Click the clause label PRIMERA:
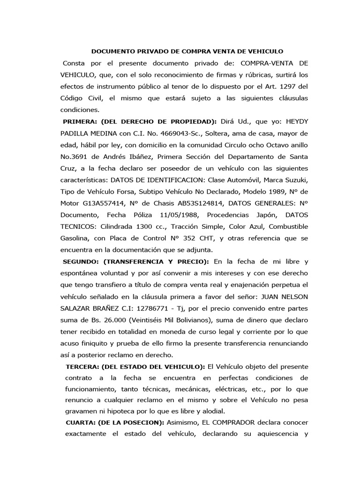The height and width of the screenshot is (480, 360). [83, 121]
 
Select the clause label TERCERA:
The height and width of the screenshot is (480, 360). [85, 366]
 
